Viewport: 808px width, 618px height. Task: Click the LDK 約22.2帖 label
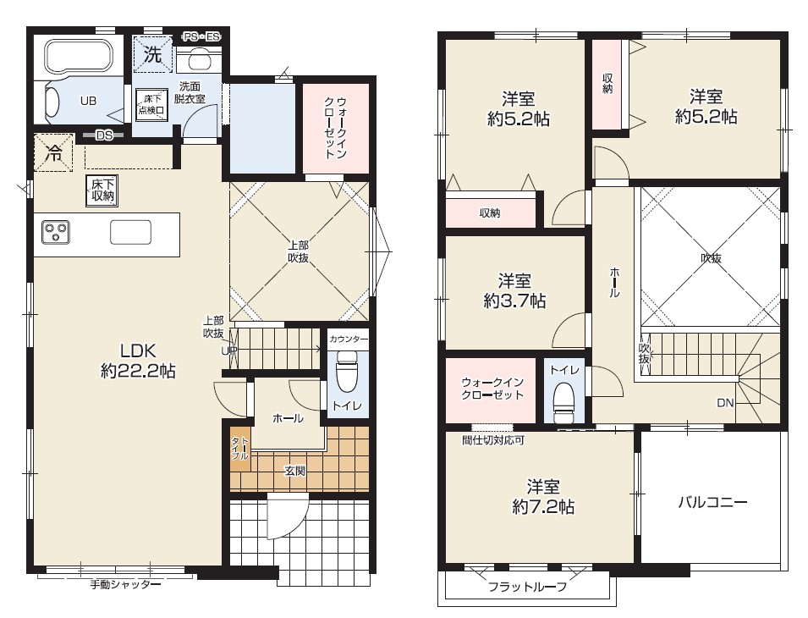[138, 361]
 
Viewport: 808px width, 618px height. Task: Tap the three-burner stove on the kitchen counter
[55, 233]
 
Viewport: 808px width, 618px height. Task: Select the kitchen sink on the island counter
[131, 232]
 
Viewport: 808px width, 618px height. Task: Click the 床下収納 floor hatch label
[102, 190]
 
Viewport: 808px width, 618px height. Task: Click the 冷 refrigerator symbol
[53, 153]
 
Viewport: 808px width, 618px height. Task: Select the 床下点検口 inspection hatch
[151, 105]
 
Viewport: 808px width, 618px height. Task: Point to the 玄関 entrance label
[294, 471]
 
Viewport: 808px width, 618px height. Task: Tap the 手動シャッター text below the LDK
[126, 585]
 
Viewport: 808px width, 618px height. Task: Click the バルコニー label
[712, 501]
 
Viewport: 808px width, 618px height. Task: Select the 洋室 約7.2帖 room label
[543, 497]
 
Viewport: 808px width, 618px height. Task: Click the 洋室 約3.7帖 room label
[514, 290]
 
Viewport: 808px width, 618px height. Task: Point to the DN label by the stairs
[726, 403]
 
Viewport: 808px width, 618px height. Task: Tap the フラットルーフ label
[527, 587]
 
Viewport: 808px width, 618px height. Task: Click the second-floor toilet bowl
[563, 404]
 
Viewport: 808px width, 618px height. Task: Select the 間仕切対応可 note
[493, 441]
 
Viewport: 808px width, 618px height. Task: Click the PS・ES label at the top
[202, 36]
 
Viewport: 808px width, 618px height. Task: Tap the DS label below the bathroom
[104, 135]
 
